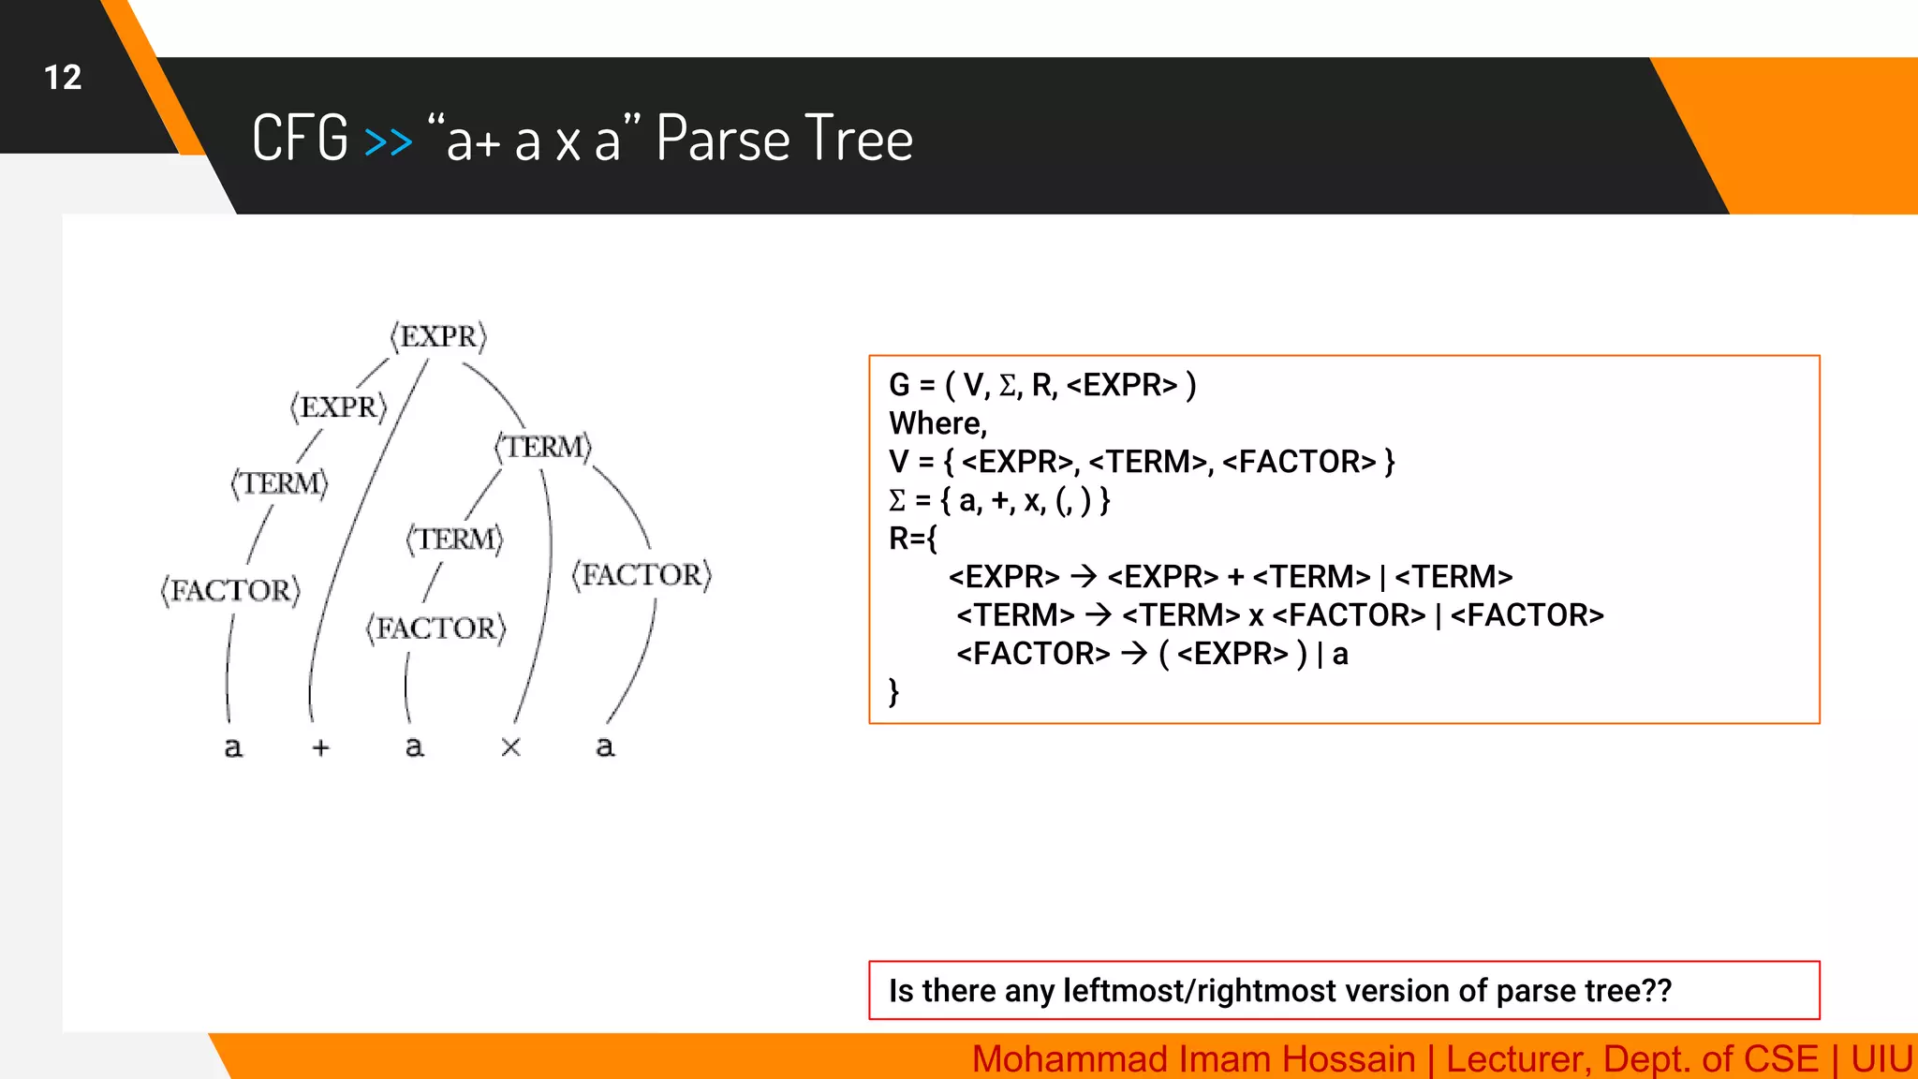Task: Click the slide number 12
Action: (63, 77)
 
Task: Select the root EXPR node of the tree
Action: (438, 336)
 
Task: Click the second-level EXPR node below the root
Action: (338, 407)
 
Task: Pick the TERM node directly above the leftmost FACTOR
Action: (280, 483)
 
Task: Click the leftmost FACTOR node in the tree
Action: (230, 590)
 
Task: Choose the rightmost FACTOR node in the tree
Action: (642, 574)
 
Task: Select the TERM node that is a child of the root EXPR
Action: (543, 447)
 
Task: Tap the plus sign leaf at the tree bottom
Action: (321, 747)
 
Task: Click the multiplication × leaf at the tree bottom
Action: (510, 747)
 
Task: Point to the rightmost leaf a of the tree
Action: (605, 747)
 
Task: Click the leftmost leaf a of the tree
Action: (233, 747)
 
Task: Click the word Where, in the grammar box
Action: (937, 423)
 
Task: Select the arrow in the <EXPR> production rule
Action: (1083, 576)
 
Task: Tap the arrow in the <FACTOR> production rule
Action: (1133, 653)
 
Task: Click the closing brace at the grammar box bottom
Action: (894, 691)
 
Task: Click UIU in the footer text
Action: (1881, 1059)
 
